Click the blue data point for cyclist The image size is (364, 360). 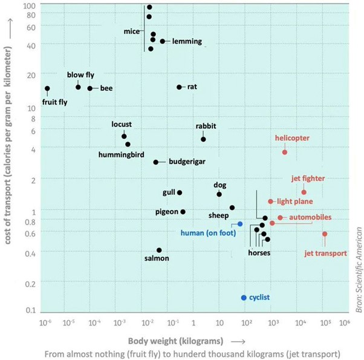[x=244, y=298]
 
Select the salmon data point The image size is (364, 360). [x=159, y=250]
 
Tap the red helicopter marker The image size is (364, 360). [x=285, y=152]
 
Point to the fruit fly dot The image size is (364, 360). [x=47, y=88]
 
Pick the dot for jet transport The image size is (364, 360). [x=325, y=234]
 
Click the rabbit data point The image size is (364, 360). [x=203, y=139]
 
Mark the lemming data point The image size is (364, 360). [x=163, y=41]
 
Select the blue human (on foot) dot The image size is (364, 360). [x=240, y=224]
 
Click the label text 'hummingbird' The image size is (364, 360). [x=121, y=155]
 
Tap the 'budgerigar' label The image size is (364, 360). [x=187, y=162]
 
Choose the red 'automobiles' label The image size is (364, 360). [x=310, y=217]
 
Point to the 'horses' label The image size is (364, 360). [x=259, y=253]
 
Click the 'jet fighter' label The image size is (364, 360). [x=308, y=178]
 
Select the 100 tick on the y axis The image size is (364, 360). [x=29, y=6]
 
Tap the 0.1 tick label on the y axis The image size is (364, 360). [x=30, y=310]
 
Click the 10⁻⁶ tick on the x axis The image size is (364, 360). [x=45, y=322]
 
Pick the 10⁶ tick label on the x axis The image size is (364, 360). [x=345, y=322]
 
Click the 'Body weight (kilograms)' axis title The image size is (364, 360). [x=175, y=341]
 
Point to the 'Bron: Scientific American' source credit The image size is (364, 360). [x=359, y=270]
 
